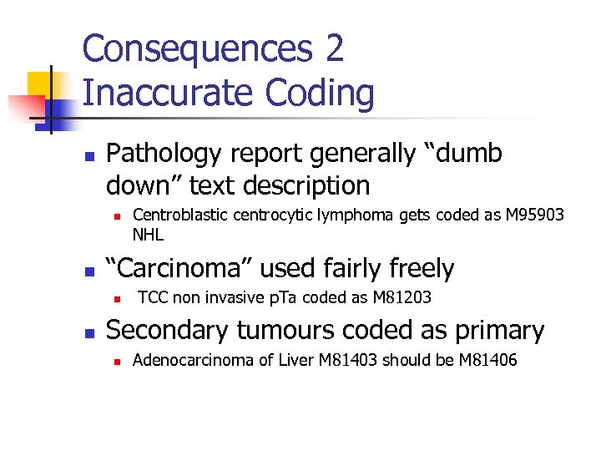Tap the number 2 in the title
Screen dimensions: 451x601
click(335, 49)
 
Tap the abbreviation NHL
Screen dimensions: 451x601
click(148, 234)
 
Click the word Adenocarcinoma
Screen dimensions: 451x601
click(181, 360)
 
